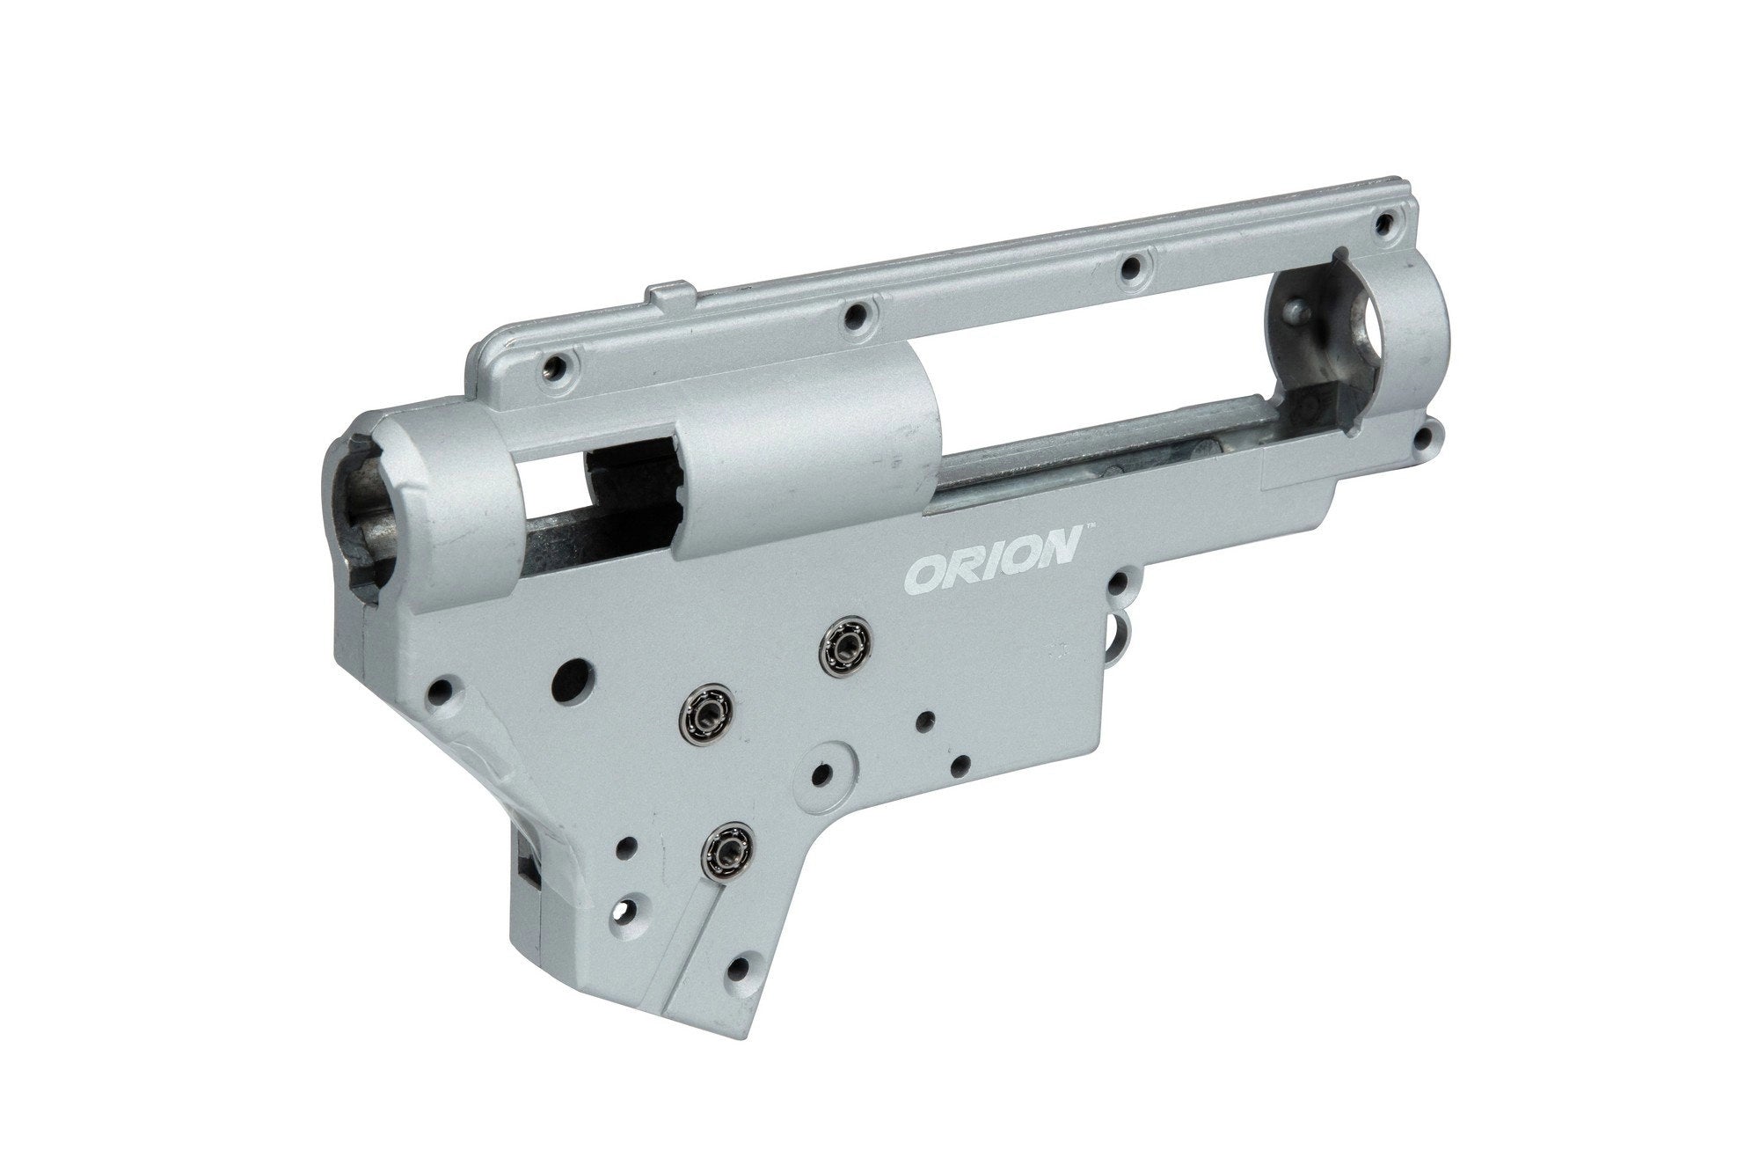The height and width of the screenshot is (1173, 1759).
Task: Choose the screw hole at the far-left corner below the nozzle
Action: [x=443, y=711]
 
